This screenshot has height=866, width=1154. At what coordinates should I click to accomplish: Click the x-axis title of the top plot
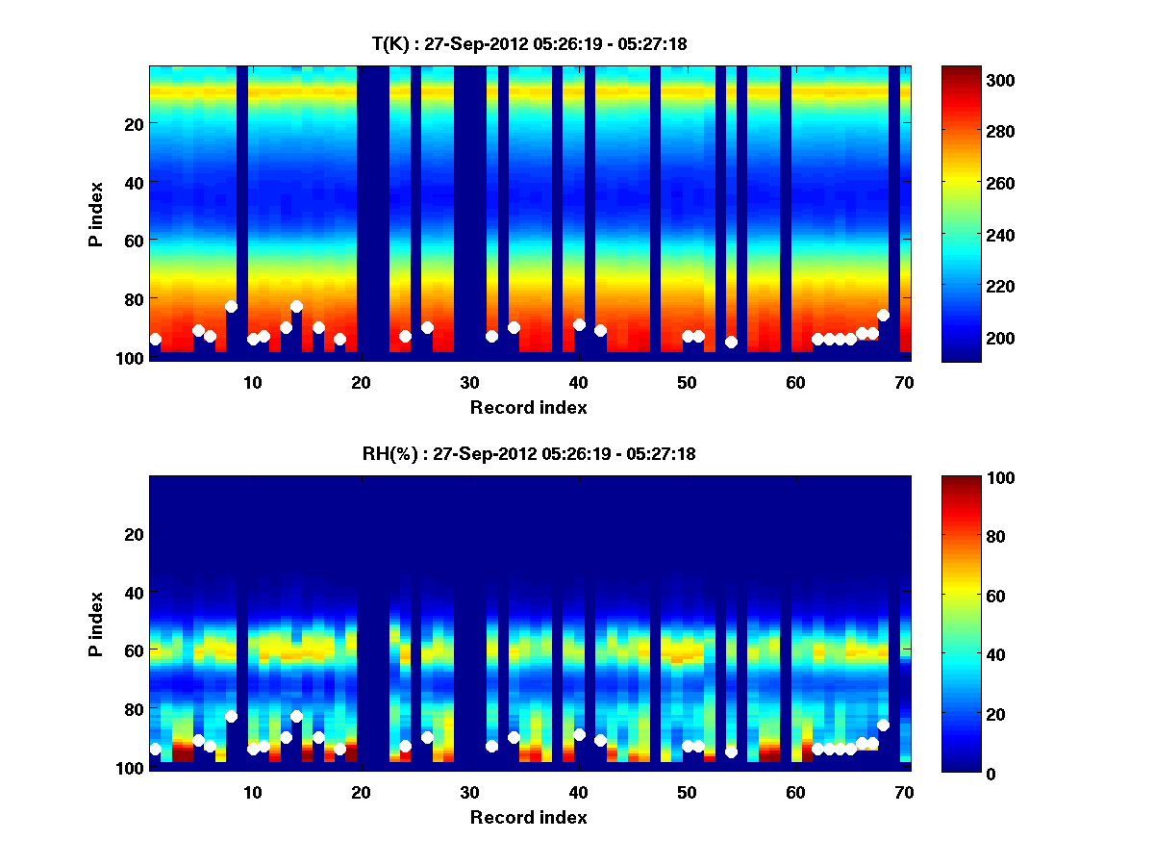[528, 408]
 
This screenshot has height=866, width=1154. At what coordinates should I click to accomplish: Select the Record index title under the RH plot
[528, 818]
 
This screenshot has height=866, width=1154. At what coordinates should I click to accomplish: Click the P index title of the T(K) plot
[96, 213]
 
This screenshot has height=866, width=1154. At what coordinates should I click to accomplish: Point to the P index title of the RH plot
[96, 623]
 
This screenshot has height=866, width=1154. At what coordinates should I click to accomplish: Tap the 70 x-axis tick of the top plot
[903, 382]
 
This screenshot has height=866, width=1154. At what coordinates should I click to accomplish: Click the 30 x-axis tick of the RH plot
[469, 792]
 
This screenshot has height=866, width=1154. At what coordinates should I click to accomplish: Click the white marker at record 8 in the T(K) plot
[231, 307]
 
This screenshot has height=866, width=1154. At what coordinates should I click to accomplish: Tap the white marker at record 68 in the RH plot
[883, 725]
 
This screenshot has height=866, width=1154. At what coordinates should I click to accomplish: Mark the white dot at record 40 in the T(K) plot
[579, 324]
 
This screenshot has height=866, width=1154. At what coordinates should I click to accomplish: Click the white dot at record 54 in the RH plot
[731, 751]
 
